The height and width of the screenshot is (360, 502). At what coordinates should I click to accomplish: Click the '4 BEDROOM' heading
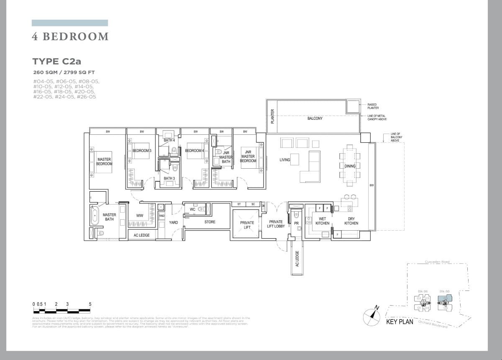[x=70, y=37]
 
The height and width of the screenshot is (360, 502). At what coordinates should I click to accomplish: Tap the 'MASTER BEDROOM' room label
[x=104, y=162]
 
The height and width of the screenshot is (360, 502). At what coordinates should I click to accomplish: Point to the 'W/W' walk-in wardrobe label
[x=140, y=216]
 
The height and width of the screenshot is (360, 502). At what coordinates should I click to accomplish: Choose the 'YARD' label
[x=174, y=222]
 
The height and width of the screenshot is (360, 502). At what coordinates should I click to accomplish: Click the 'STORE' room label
[x=210, y=222]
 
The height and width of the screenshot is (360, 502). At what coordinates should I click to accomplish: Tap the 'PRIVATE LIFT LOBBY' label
[x=276, y=224]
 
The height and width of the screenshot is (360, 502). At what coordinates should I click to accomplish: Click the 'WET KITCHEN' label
[x=323, y=221]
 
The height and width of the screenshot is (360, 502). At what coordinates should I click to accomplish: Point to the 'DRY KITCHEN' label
[x=351, y=221]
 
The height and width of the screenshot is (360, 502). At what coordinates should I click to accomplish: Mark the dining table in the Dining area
[x=350, y=166]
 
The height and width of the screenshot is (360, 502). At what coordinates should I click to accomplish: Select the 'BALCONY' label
[x=315, y=118]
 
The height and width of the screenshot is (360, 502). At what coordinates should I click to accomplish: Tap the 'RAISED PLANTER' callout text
[x=373, y=106]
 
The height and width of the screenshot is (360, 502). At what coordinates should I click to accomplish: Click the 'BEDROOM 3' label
[x=142, y=151]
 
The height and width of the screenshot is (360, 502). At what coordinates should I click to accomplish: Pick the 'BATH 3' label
[x=169, y=179]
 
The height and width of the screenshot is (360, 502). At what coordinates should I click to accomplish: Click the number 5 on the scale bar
[x=90, y=304]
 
